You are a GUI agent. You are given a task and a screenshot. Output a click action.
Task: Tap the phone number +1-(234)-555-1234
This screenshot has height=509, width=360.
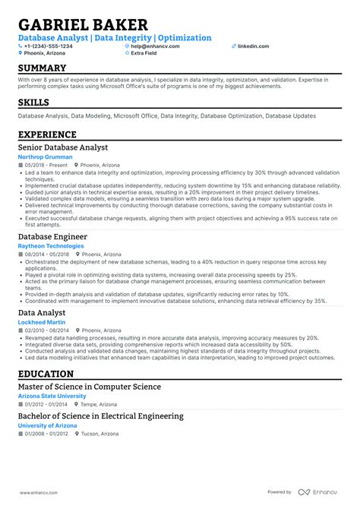pyautogui.click(x=49, y=46)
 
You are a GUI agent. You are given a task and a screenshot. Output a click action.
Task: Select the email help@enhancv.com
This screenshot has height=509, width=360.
pyautogui.click(x=154, y=46)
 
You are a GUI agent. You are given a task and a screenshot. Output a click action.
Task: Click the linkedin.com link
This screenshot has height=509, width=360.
pyautogui.click(x=253, y=46)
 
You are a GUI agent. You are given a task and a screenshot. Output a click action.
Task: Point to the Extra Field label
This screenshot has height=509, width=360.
pyautogui.click(x=144, y=53)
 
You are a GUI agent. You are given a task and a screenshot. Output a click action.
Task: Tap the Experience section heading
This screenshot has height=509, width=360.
pyautogui.click(x=48, y=134)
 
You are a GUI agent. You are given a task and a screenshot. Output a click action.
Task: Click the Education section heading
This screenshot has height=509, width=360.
pyautogui.click(x=46, y=375)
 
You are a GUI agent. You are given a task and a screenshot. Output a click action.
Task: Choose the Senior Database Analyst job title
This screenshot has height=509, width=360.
pyautogui.click(x=63, y=147)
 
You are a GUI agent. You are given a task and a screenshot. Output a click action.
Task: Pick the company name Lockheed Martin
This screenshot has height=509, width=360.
pyautogui.click(x=41, y=323)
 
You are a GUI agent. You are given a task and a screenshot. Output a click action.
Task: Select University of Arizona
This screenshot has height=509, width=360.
pyautogui.click(x=47, y=425)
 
